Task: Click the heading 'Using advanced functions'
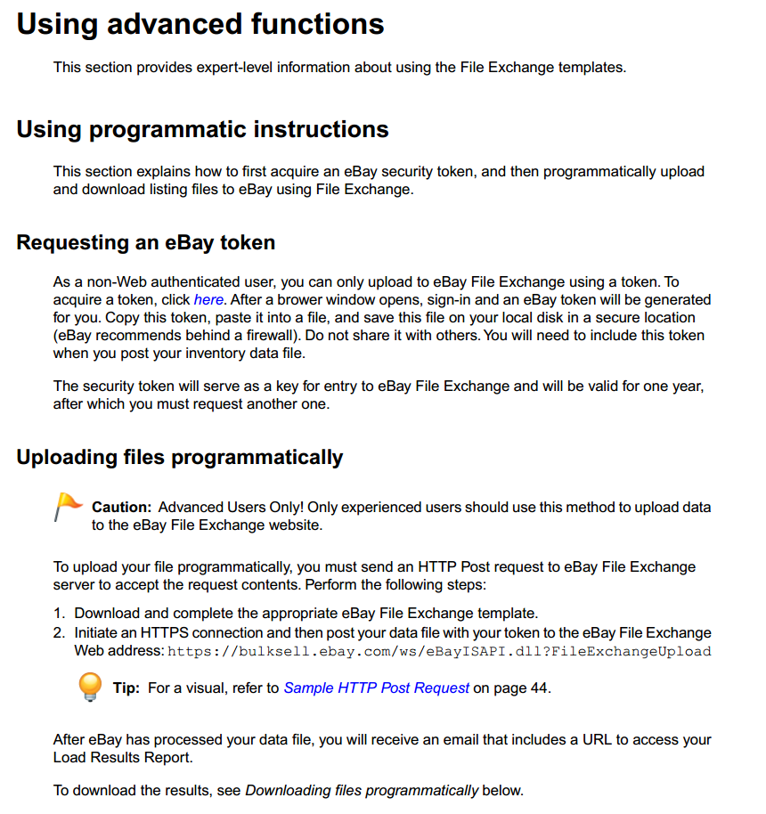200,24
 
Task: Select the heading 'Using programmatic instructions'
202,130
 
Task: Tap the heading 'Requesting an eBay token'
145,242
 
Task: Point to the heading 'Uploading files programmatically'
179,458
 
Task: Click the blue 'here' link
208,300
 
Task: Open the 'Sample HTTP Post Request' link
376,688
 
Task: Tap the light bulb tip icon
90,687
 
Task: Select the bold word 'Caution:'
121,508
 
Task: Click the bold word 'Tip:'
126,688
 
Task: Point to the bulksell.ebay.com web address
439,651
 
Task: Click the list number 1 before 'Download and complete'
59,614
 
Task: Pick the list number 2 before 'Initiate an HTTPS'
59,632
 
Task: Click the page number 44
540,688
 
